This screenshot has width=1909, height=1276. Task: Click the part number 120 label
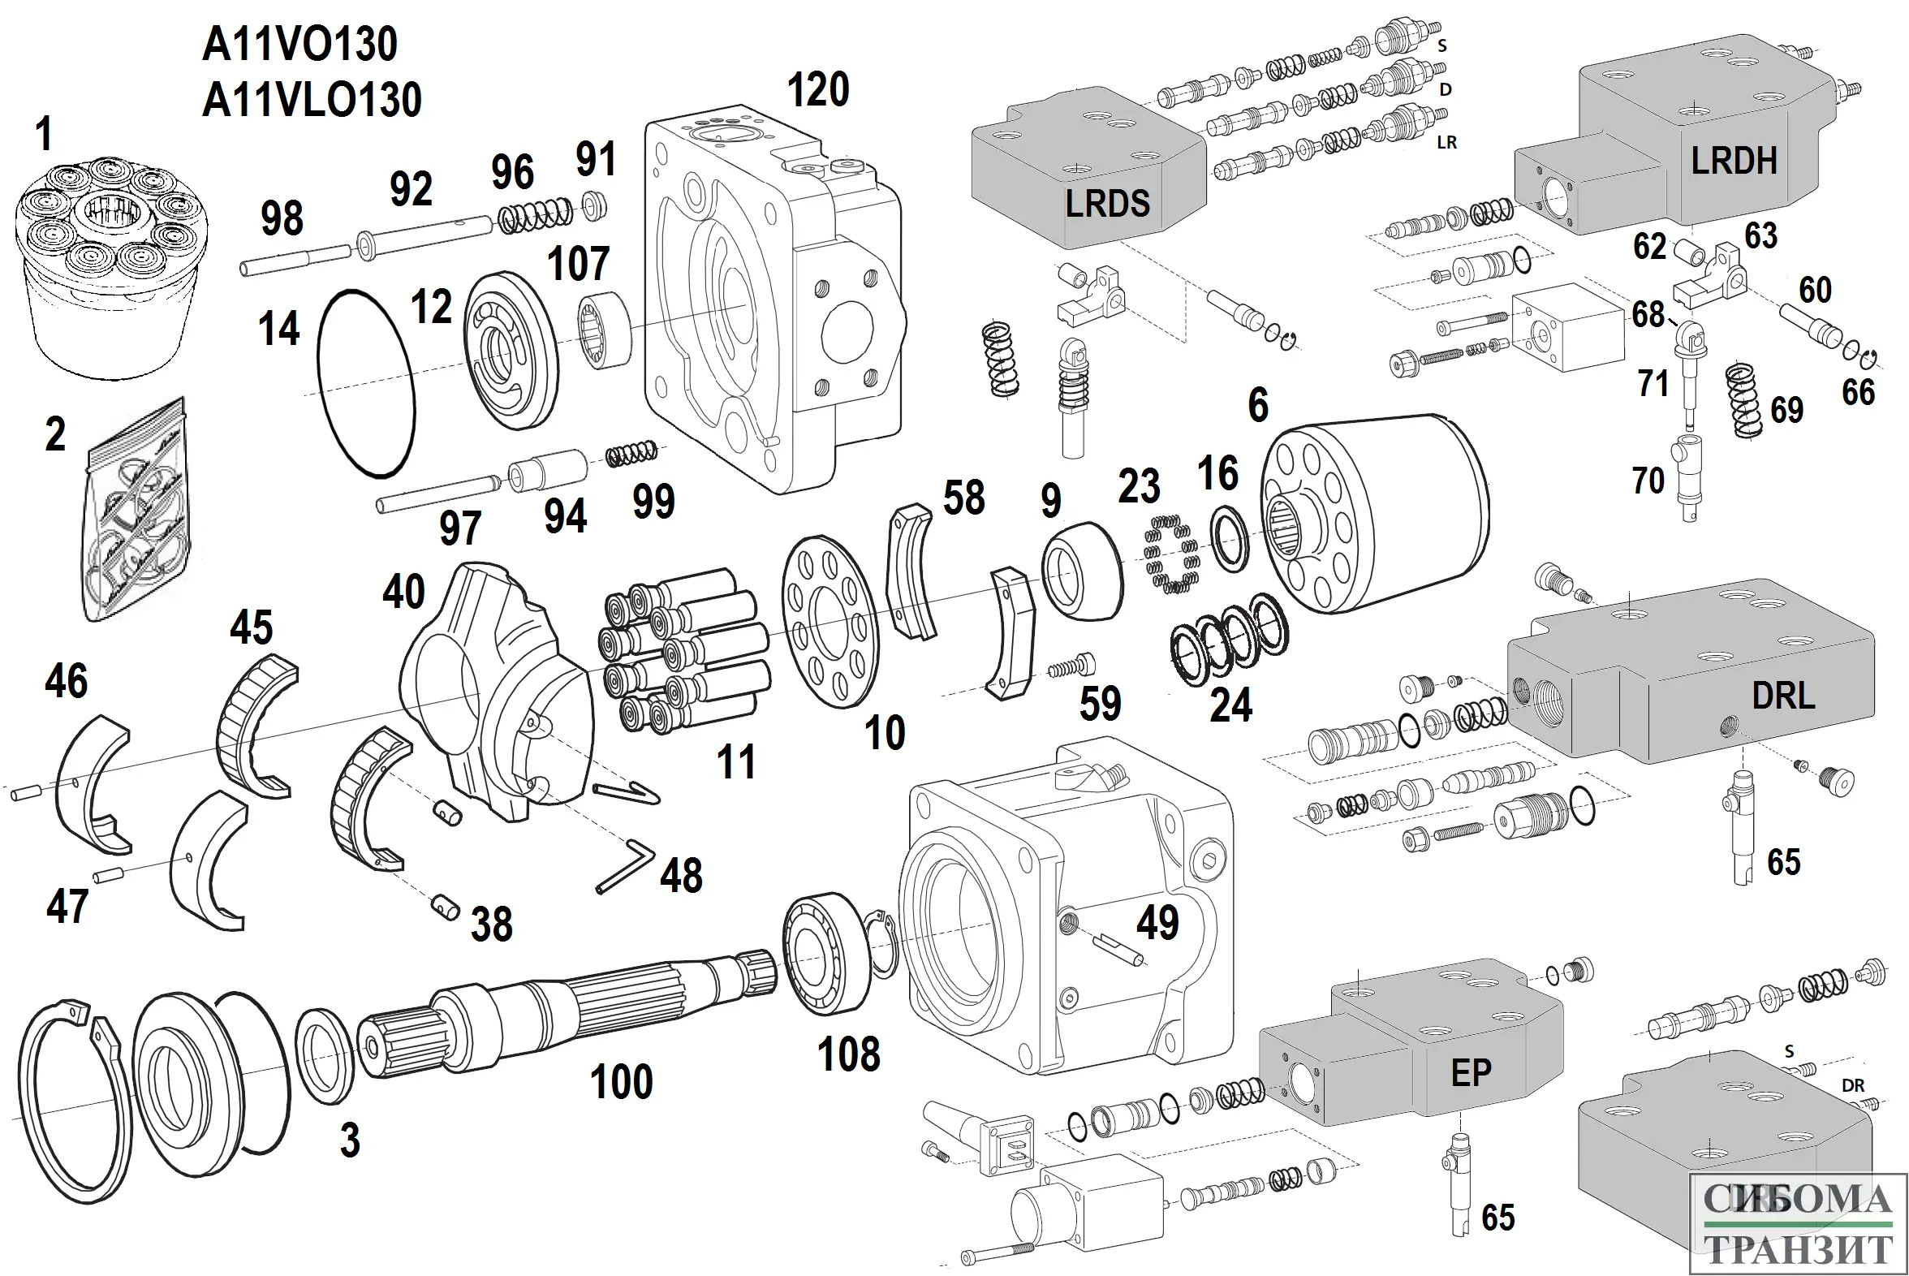pyautogui.click(x=818, y=89)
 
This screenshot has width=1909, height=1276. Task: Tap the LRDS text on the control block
pyautogui.click(x=1107, y=204)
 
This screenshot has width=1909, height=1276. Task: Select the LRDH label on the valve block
pyautogui.click(x=1734, y=162)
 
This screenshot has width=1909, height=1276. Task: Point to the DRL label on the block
pyautogui.click(x=1783, y=696)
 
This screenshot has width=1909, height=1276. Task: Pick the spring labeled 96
pyautogui.click(x=535, y=215)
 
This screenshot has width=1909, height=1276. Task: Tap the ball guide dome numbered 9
pyautogui.click(x=1081, y=571)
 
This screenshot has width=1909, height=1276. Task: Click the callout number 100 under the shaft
pyautogui.click(x=621, y=1081)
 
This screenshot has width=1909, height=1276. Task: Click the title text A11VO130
pyautogui.click(x=299, y=45)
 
